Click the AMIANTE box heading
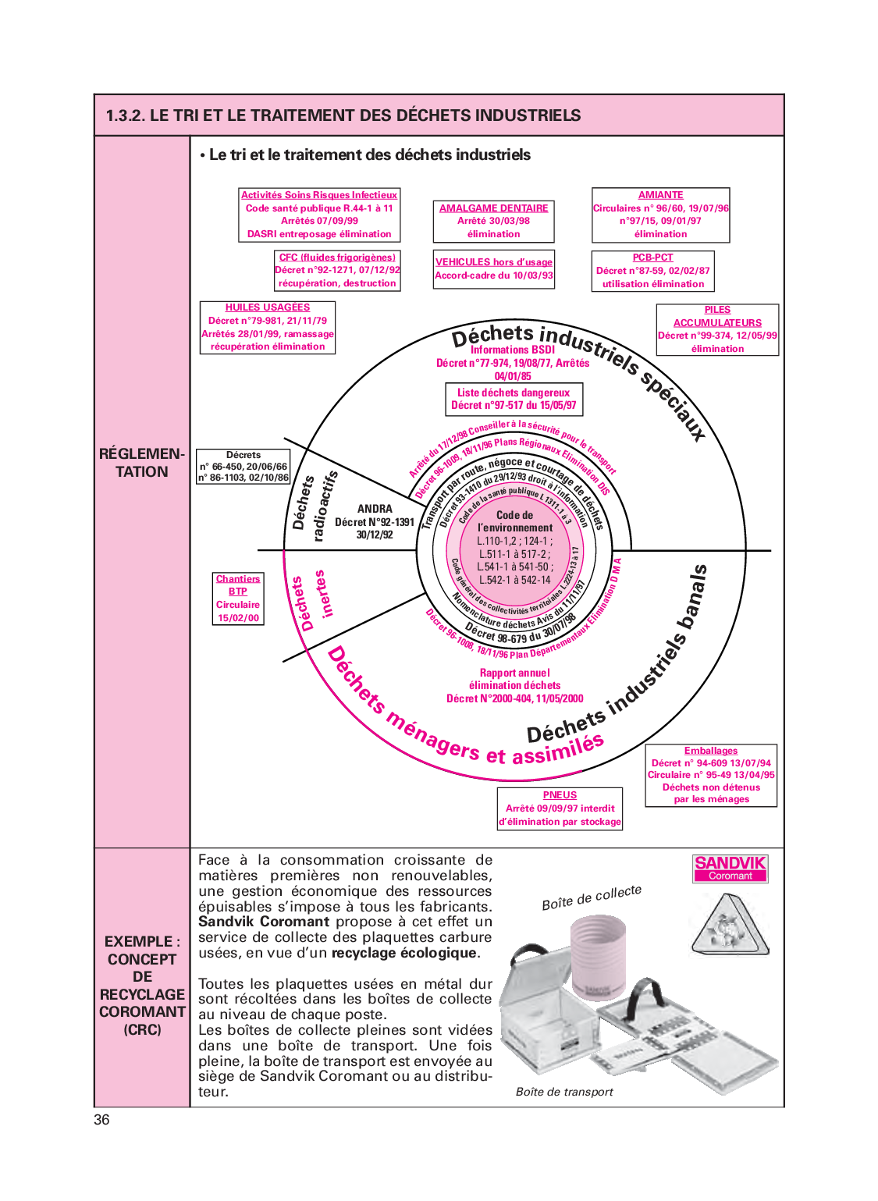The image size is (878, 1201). pos(660,195)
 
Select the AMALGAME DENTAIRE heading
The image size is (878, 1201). pos(493,208)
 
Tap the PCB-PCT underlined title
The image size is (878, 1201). pos(652,258)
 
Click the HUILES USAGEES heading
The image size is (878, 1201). pos(268,307)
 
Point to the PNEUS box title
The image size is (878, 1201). pos(560,795)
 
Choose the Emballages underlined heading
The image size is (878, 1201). pos(710,751)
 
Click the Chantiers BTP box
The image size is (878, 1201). pos(238,599)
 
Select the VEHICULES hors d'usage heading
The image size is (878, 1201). pos(493,262)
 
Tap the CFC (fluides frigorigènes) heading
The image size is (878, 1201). pos(337,258)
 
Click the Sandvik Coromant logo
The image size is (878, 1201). pos(730,868)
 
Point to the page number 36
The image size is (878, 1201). pos(101,1120)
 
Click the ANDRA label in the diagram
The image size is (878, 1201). pos(375,509)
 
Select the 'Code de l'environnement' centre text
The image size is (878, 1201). pos(515,521)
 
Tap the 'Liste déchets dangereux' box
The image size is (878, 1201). pos(514,399)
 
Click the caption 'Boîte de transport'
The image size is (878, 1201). pos(564,1092)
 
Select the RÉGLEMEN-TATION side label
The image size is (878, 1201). pos(141,463)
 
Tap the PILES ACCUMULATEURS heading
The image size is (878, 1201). pos(717,316)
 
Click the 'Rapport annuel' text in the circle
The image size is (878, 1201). pos(514,673)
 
